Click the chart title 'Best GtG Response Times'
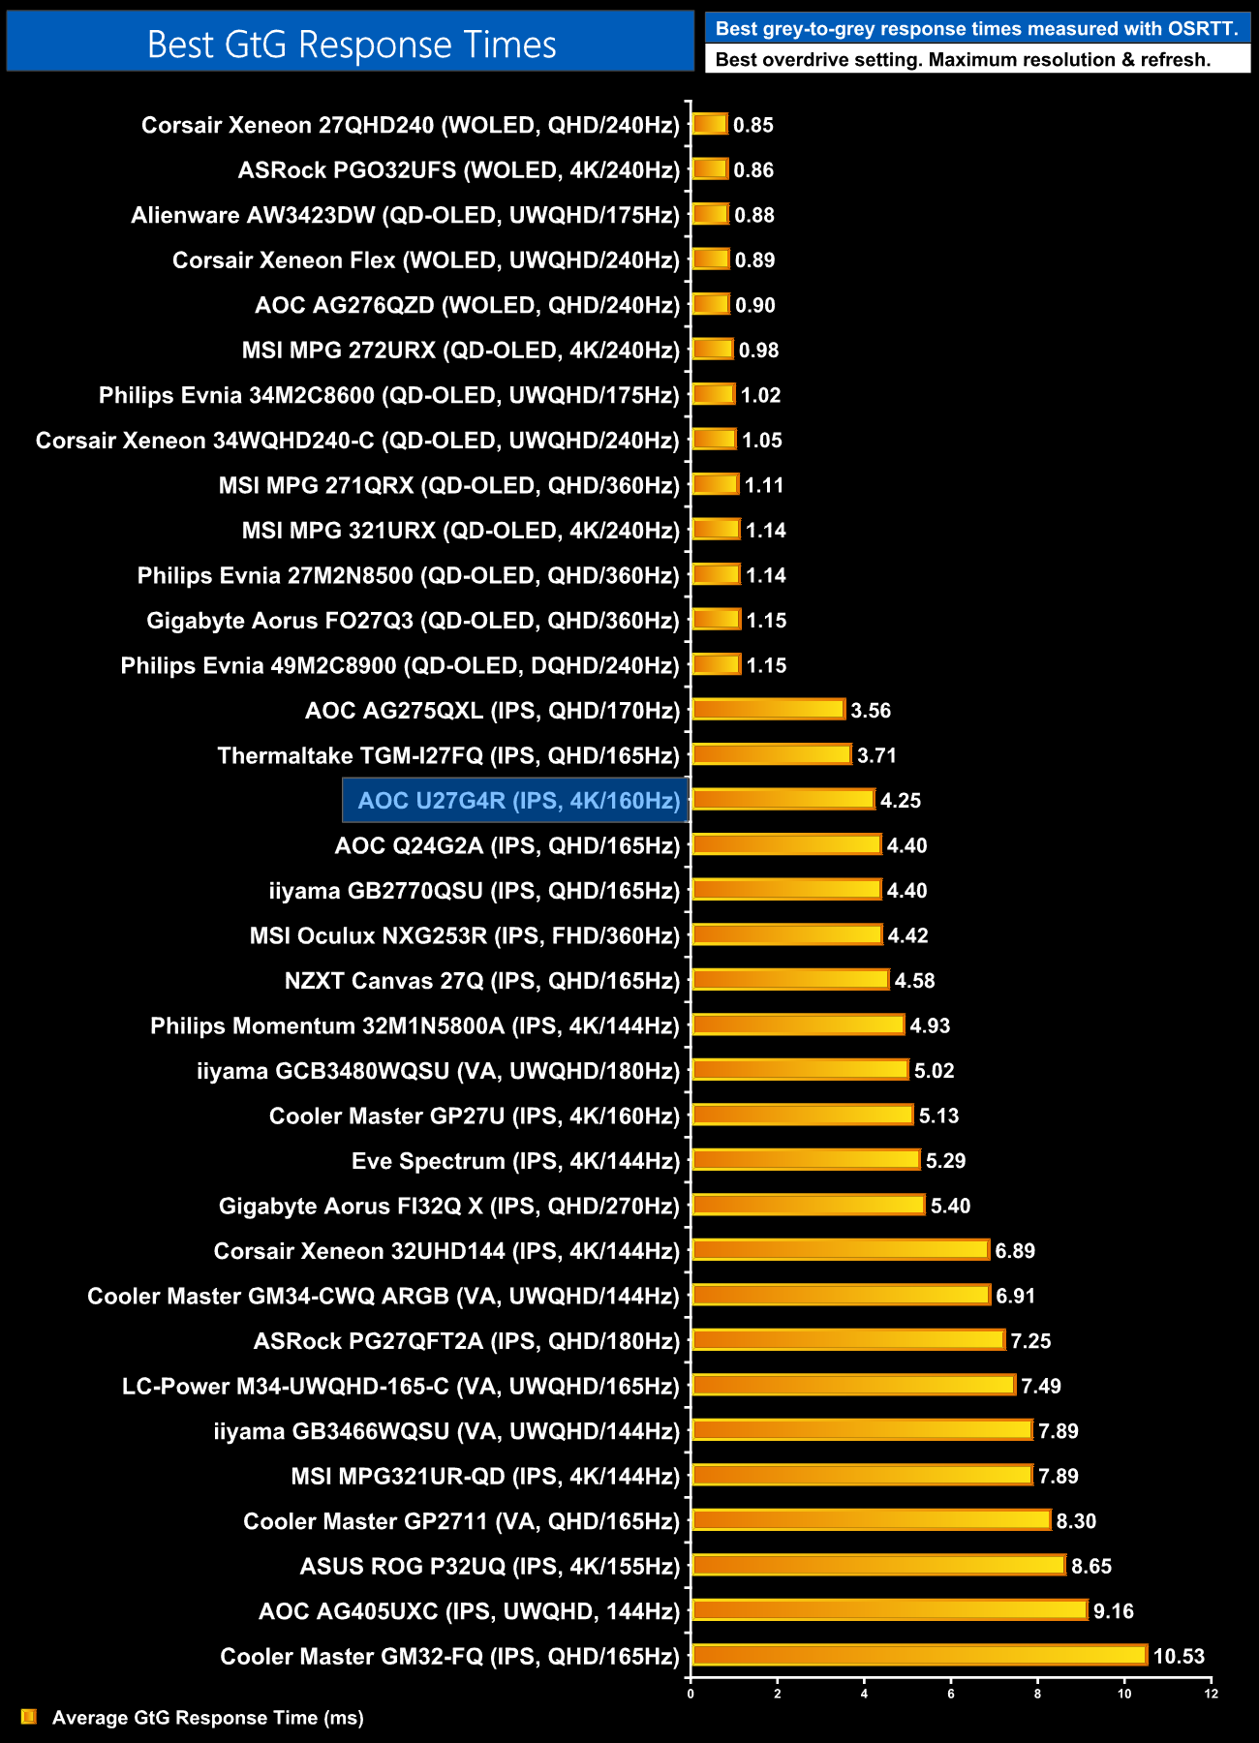click(352, 45)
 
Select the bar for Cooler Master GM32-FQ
click(919, 1656)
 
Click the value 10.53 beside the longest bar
click(1179, 1656)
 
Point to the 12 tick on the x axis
click(1211, 1694)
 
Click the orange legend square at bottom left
click(29, 1717)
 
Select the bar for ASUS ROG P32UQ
click(878, 1566)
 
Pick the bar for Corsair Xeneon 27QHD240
click(710, 124)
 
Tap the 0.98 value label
click(758, 351)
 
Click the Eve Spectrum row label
click(515, 1161)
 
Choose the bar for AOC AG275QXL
click(769, 710)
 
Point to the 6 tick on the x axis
click(951, 1694)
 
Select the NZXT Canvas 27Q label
click(481, 981)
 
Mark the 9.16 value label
click(1113, 1611)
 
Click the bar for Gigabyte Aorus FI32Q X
click(809, 1206)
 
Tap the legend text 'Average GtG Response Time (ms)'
click(208, 1718)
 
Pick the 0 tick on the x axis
click(691, 1694)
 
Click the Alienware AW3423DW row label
click(405, 215)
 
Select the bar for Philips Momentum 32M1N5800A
click(798, 1025)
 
